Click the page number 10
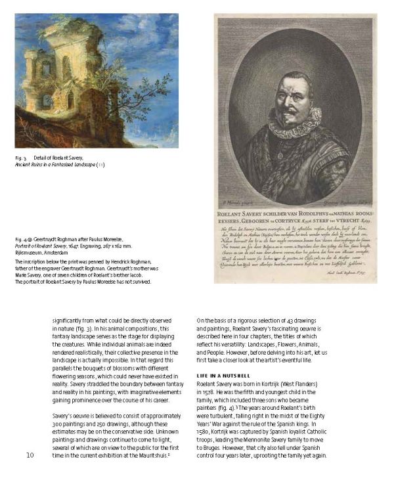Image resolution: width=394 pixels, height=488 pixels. point(30,455)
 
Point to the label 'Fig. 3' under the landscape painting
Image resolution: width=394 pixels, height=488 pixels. point(22,159)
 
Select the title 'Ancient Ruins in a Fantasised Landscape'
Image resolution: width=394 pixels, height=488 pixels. point(54,165)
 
